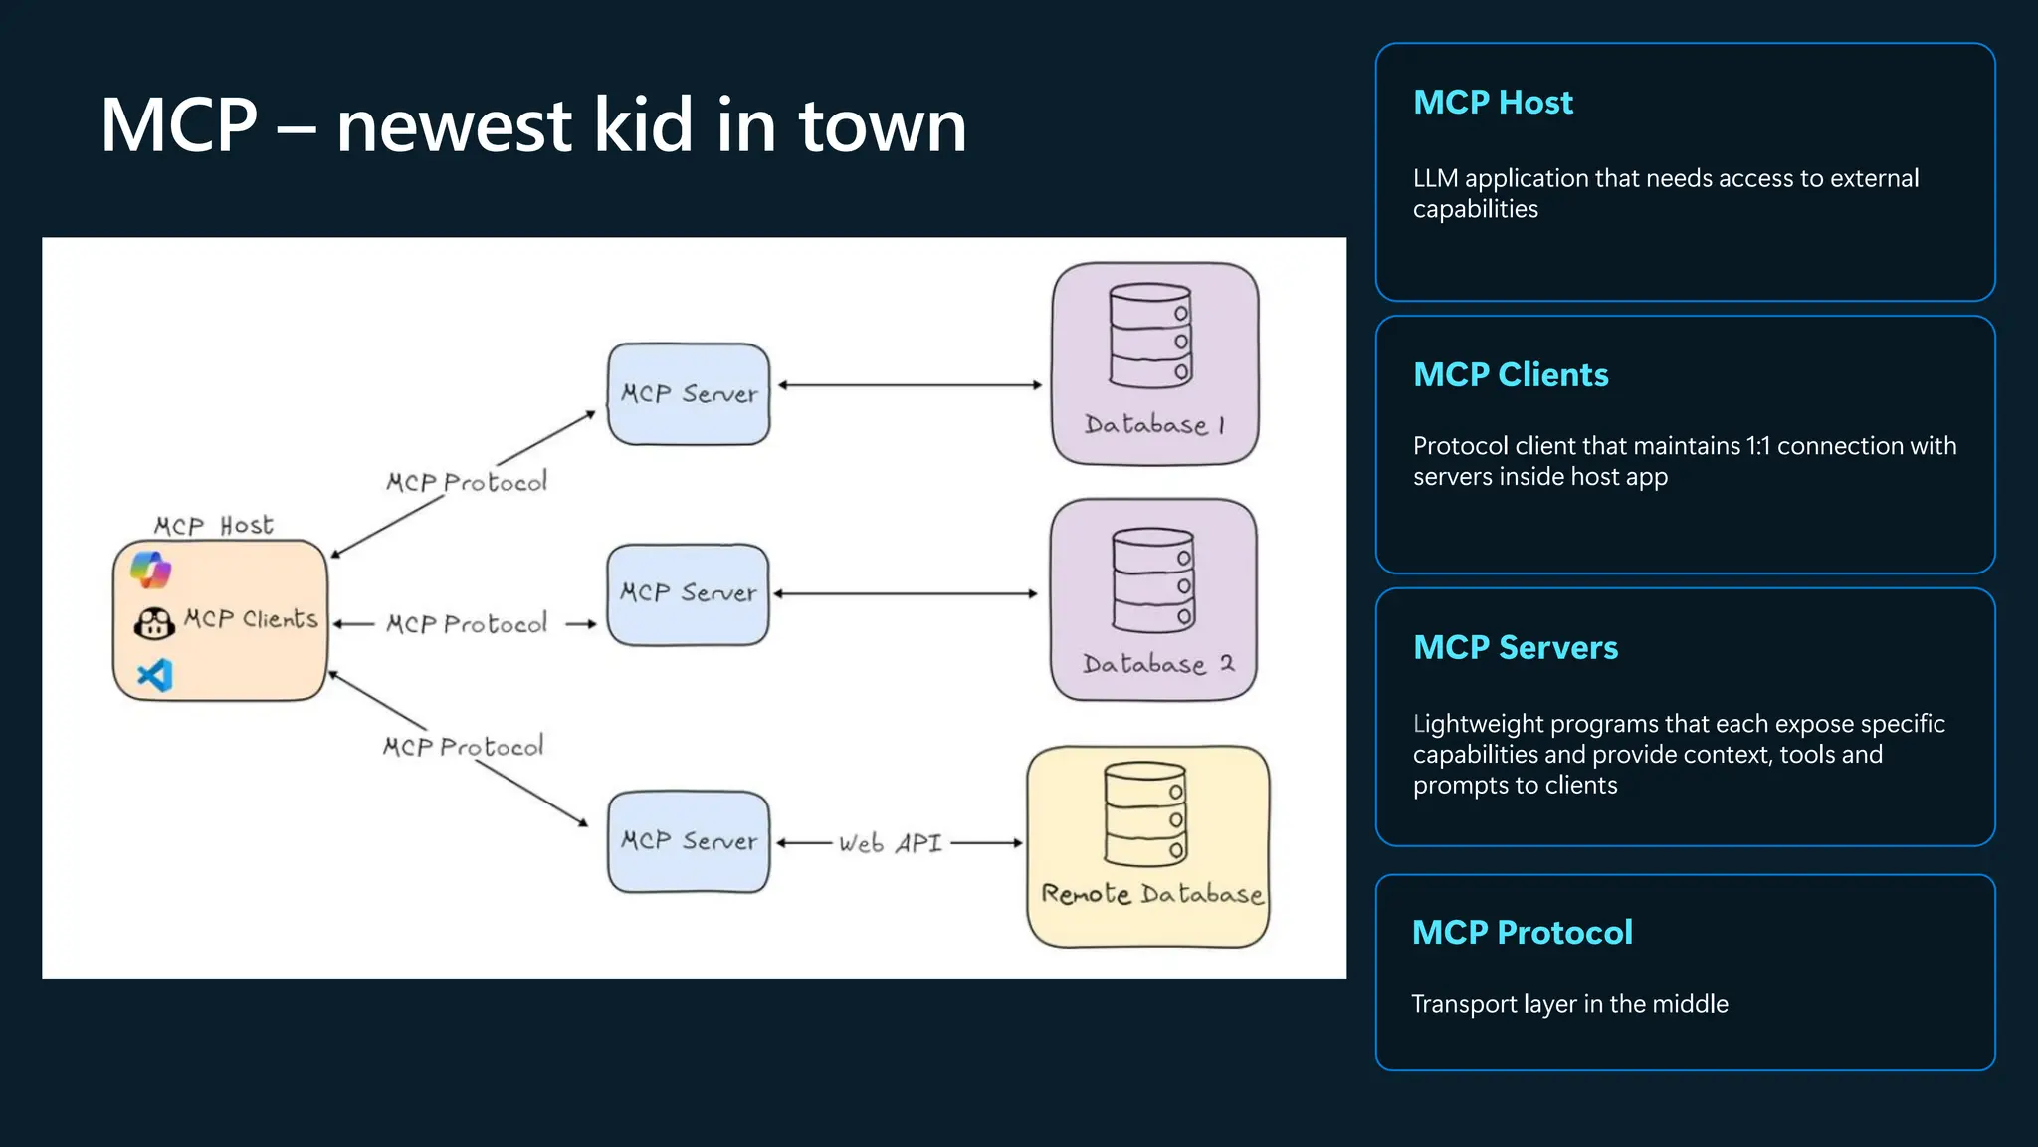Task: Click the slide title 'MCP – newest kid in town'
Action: [533, 125]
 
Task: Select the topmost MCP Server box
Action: [689, 394]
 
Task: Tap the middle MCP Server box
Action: [688, 594]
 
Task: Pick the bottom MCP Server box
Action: [689, 841]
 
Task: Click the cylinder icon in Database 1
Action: [1150, 336]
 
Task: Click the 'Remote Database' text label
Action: [1151, 893]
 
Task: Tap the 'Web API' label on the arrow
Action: [890, 843]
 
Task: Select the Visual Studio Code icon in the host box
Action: [155, 675]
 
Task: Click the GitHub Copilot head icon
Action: [154, 624]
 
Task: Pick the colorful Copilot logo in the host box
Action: [151, 570]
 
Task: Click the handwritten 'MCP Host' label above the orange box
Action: [213, 525]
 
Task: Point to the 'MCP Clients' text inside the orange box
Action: [251, 619]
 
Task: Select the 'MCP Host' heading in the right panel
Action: [1493, 102]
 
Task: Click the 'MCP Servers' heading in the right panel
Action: [1515, 647]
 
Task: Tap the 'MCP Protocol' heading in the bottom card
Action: [1522, 932]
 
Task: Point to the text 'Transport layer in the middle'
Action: [1569, 1004]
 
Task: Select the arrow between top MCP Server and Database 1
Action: [910, 385]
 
